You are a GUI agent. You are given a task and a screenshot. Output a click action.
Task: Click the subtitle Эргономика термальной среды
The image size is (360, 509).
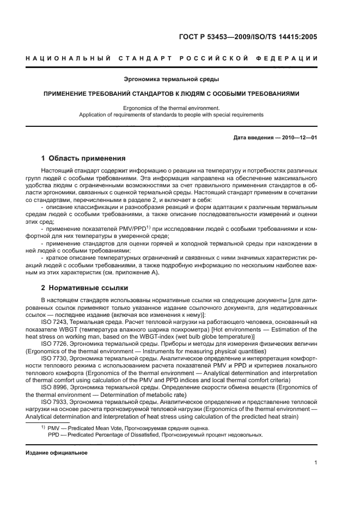tap(180, 79)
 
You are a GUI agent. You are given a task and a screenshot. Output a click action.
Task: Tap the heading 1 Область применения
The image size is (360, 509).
tap(83, 158)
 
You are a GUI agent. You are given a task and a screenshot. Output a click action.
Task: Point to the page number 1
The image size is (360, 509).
tap(316, 463)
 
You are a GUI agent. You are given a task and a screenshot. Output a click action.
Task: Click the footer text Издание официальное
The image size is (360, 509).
tap(57, 452)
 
